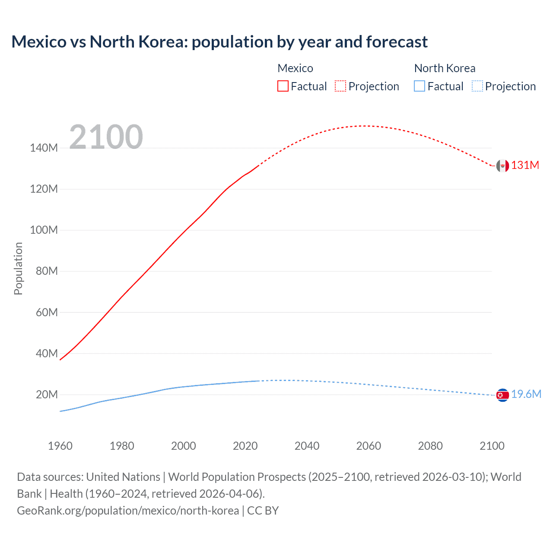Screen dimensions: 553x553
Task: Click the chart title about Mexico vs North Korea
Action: pyautogui.click(x=219, y=42)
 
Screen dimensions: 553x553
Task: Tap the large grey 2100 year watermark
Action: pyautogui.click(x=106, y=137)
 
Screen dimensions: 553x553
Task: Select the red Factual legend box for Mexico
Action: pyautogui.click(x=283, y=86)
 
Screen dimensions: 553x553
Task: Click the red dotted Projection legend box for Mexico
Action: pyautogui.click(x=340, y=86)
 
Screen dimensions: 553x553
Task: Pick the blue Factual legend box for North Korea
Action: pyautogui.click(x=419, y=86)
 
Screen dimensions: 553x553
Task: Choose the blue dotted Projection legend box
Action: pyautogui.click(x=477, y=86)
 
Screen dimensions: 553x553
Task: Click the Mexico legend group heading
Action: pyautogui.click(x=295, y=68)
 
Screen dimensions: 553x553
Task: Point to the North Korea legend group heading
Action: pyautogui.click(x=445, y=68)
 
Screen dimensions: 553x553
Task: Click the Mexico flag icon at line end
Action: pyautogui.click(x=502, y=165)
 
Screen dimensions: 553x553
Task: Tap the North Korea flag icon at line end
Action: pyautogui.click(x=502, y=395)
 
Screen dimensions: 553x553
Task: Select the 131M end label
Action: pyautogui.click(x=525, y=165)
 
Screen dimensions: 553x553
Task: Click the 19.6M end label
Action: pyautogui.click(x=526, y=394)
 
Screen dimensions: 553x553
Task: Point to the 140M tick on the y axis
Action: pyautogui.click(x=44, y=148)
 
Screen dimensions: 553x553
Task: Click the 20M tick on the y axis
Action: pyautogui.click(x=47, y=394)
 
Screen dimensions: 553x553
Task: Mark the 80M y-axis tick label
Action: pyautogui.click(x=47, y=271)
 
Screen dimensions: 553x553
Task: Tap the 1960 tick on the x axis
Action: pyautogui.click(x=60, y=446)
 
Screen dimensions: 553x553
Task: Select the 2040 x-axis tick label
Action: pyautogui.click(x=307, y=446)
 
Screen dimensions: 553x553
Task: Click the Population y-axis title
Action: pyautogui.click(x=18, y=269)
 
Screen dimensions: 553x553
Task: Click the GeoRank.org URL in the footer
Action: pyautogui.click(x=128, y=511)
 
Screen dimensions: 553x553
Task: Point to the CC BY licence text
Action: pyautogui.click(x=263, y=511)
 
